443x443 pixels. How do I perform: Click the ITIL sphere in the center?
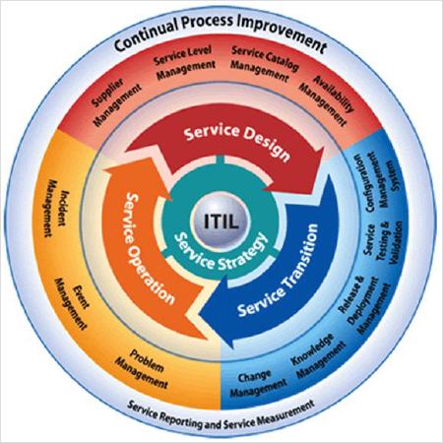pyautogui.click(x=221, y=221)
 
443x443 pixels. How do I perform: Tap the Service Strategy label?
pyautogui.click(x=221, y=252)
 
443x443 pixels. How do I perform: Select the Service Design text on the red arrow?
pyautogui.click(x=237, y=142)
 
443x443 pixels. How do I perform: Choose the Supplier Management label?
pyautogui.click(x=115, y=101)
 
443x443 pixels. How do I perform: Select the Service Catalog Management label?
pyautogui.click(x=263, y=64)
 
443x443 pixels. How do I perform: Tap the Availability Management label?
pyautogui.click(x=327, y=100)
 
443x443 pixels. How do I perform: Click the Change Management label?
pyautogui.click(x=258, y=383)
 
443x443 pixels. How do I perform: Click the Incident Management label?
pyautogui.click(x=55, y=208)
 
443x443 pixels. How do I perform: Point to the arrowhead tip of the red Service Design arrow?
pyautogui.click(x=324, y=148)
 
